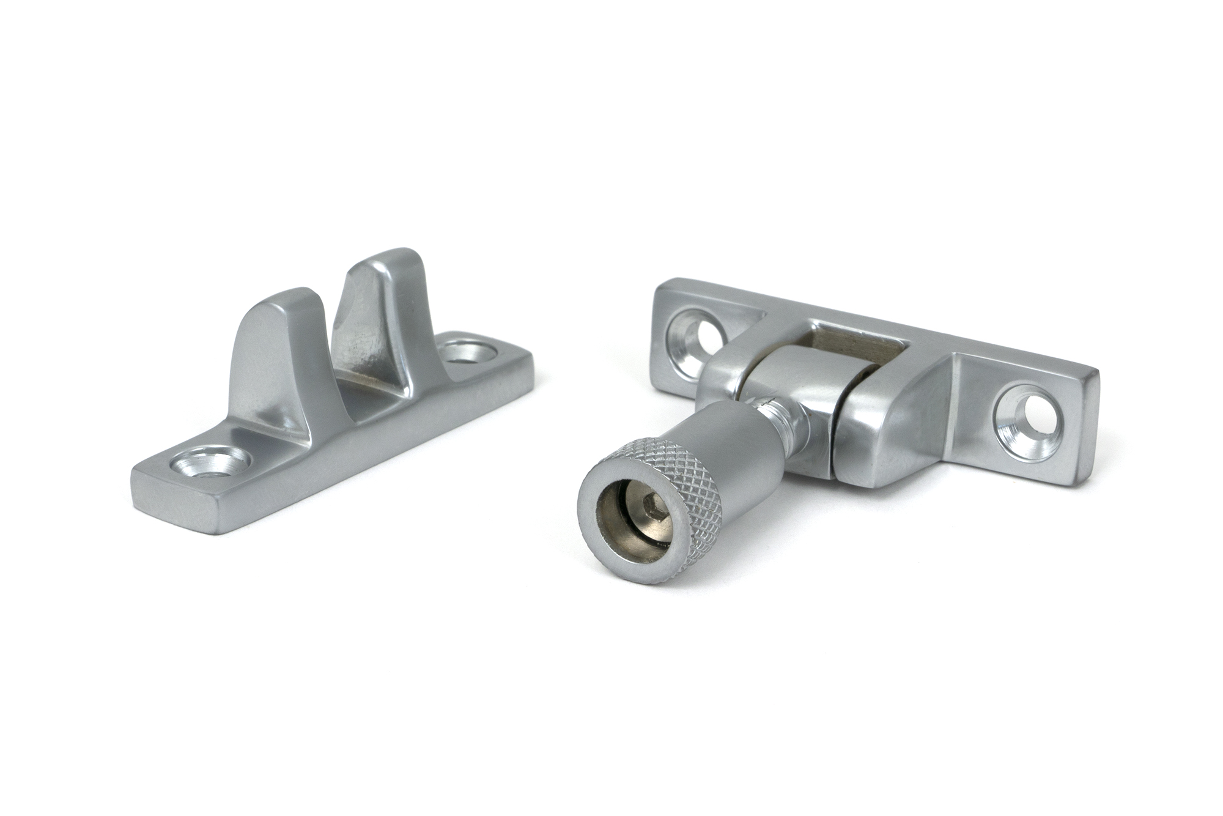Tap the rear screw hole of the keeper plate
pyautogui.click(x=468, y=352)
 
